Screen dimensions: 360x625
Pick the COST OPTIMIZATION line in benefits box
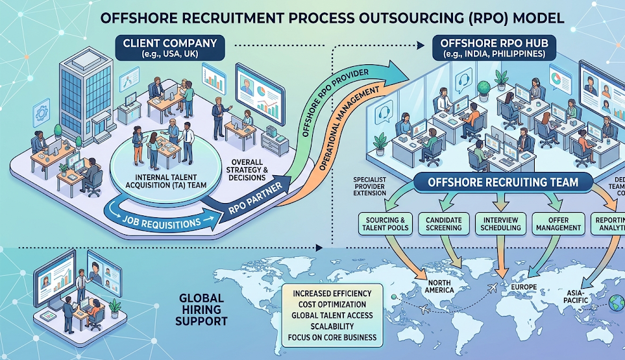(330, 304)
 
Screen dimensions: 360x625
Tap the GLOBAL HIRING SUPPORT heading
(202, 310)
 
